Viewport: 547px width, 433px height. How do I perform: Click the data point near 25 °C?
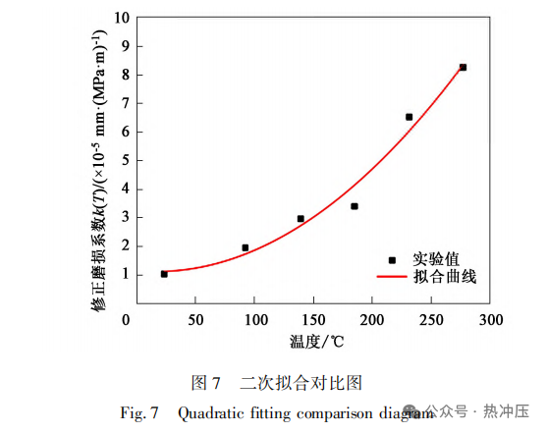pyautogui.click(x=164, y=274)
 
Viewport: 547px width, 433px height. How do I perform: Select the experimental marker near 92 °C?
pyautogui.click(x=246, y=247)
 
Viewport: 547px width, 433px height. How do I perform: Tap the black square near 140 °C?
pyautogui.click(x=301, y=219)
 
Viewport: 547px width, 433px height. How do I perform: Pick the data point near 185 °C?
pyautogui.click(x=355, y=206)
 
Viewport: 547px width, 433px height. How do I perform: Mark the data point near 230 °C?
pyautogui.click(x=410, y=117)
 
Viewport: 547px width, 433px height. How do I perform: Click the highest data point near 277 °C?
pyautogui.click(x=463, y=68)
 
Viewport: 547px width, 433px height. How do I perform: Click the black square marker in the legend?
pyautogui.click(x=392, y=260)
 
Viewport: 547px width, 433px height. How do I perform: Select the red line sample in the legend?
pyautogui.click(x=392, y=277)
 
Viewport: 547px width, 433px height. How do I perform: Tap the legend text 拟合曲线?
pyautogui.click(x=445, y=277)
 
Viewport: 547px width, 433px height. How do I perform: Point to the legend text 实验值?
pyautogui.click(x=436, y=259)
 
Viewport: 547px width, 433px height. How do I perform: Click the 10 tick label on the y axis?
pyautogui.click(x=122, y=18)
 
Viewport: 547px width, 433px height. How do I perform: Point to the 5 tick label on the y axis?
pyautogui.click(x=126, y=160)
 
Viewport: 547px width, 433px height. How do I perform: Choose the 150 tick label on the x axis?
pyautogui.click(x=313, y=320)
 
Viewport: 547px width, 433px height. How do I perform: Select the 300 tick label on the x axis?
pyautogui.click(x=491, y=320)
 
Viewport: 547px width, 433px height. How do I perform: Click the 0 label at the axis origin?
pyautogui.click(x=126, y=320)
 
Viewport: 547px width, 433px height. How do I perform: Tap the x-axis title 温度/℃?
pyautogui.click(x=316, y=342)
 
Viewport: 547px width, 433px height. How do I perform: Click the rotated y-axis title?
pyautogui.click(x=99, y=170)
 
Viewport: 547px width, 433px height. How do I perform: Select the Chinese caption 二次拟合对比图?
pyautogui.click(x=301, y=383)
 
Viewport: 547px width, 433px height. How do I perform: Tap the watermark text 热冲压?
pyautogui.click(x=506, y=411)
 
